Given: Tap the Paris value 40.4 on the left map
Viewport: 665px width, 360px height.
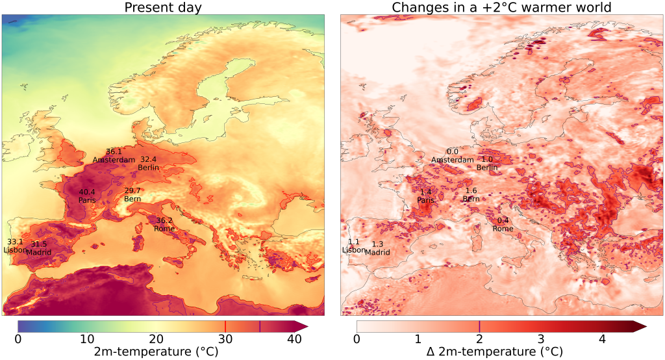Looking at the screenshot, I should click(87, 192).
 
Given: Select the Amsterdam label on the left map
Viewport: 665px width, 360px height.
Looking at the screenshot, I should click(114, 160).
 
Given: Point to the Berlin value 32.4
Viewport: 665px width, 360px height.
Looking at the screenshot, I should click(148, 159).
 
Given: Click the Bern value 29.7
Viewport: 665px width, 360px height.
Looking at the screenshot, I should click(132, 190).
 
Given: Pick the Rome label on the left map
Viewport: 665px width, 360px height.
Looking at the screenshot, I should click(164, 229).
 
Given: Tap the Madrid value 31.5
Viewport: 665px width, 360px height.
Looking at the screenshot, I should click(38, 244).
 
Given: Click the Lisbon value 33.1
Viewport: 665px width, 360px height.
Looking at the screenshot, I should click(15, 242).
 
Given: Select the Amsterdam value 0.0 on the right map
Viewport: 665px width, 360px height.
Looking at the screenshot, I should click(453, 152).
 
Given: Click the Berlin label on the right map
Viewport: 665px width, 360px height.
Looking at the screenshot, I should click(487, 168).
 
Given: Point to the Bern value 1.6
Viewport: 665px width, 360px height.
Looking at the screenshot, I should click(471, 190).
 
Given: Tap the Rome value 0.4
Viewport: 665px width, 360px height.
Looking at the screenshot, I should click(503, 220).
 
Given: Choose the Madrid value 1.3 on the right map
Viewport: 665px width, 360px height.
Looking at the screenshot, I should click(377, 244).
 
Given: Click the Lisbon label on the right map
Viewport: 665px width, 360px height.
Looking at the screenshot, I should click(354, 250).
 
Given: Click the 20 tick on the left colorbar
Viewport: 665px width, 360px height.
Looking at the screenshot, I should click(156, 339).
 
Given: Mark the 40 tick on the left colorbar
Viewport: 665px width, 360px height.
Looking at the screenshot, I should click(294, 339).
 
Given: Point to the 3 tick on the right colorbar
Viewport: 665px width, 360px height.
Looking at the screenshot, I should click(541, 339).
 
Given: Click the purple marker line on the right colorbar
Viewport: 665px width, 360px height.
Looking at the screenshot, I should click(479, 326).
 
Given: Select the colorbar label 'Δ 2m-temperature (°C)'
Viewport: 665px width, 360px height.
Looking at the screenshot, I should click(494, 352).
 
